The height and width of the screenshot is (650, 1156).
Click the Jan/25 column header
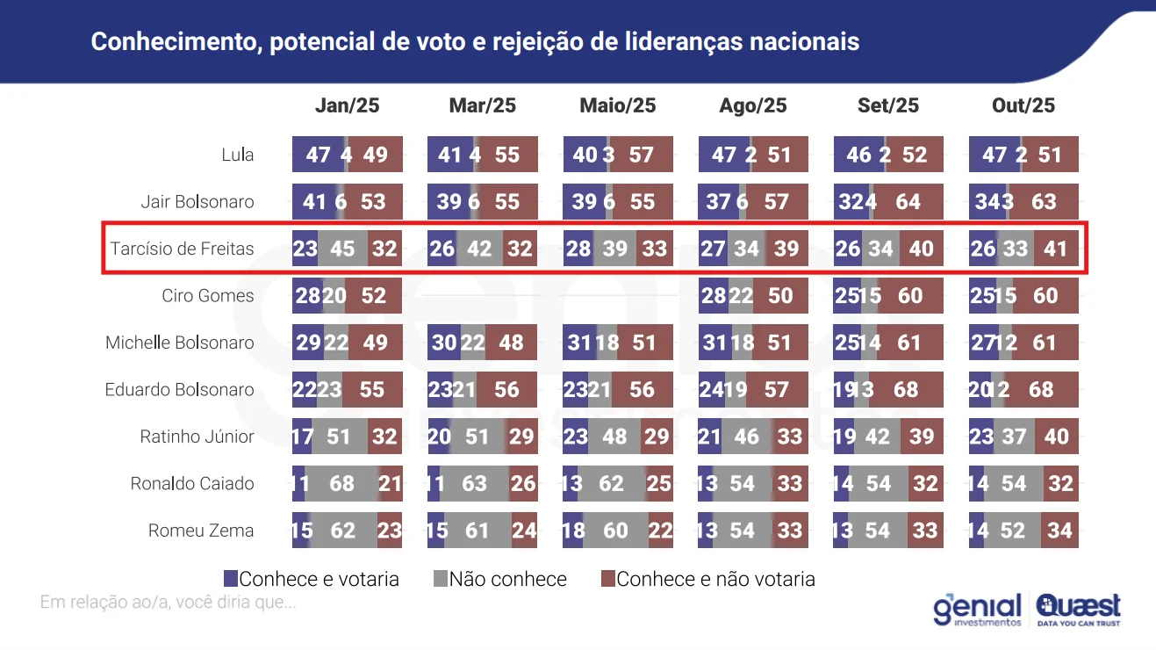point(347,106)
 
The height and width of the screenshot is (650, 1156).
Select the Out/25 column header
point(1023,106)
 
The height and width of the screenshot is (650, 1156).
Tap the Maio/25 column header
point(618,106)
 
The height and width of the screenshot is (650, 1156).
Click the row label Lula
point(237,155)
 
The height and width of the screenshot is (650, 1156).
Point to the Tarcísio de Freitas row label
point(182,249)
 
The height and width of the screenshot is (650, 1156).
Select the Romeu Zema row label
point(201,531)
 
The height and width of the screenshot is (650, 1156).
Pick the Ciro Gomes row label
point(208,296)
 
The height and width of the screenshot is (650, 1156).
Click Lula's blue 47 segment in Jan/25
point(318,155)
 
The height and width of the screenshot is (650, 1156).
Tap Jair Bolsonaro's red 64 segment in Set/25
point(908,202)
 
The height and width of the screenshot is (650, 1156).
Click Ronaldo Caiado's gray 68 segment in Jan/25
point(342,484)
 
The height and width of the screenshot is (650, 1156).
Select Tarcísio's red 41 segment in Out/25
point(1055,249)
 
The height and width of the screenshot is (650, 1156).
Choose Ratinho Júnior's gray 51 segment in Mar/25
point(477,437)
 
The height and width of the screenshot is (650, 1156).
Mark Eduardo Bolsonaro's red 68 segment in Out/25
point(1041,390)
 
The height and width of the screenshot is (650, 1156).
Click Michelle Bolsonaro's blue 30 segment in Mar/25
point(443,343)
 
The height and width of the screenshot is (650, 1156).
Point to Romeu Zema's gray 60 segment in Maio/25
point(614,531)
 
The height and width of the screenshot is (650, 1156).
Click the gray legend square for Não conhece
point(441,579)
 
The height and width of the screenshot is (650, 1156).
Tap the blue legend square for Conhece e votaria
point(231,579)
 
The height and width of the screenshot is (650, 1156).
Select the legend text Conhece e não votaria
point(715,579)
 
